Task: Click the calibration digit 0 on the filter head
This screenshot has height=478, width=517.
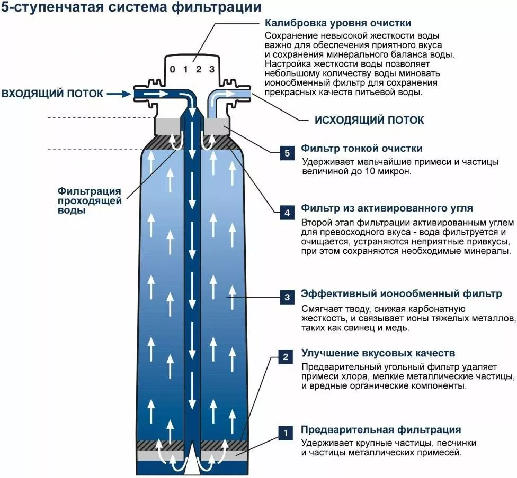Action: pyautogui.click(x=172, y=69)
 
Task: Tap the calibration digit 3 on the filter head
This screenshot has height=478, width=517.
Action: pyautogui.click(x=212, y=69)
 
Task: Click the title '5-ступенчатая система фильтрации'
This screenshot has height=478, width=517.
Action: pyautogui.click(x=131, y=8)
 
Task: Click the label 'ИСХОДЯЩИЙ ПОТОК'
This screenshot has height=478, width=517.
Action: pyautogui.click(x=369, y=120)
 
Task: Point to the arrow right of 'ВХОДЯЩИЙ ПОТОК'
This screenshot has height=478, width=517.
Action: pyautogui.click(x=118, y=94)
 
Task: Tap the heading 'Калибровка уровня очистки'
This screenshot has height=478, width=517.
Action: pyautogui.click(x=338, y=23)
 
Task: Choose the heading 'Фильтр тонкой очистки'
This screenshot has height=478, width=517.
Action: pyautogui.click(x=361, y=149)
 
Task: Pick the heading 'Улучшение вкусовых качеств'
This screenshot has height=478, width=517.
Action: pyautogui.click(x=378, y=352)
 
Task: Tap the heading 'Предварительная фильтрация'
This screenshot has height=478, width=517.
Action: pyautogui.click(x=381, y=429)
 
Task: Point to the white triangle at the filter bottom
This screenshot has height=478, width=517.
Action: pyautogui.click(x=192, y=464)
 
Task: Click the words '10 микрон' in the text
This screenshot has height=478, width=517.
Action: pyautogui.click(x=391, y=172)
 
